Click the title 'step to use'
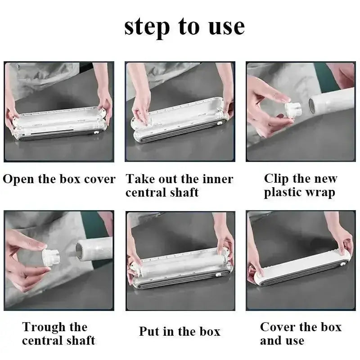pyautogui.click(x=184, y=27)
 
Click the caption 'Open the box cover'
pyautogui.click(x=59, y=179)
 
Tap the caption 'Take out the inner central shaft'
pyautogui.click(x=180, y=185)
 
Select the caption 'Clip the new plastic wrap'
pyautogui.click(x=301, y=185)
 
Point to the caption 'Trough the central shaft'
pyautogui.click(x=58, y=333)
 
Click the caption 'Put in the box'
pyautogui.click(x=180, y=331)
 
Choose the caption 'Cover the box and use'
pyautogui.click(x=301, y=333)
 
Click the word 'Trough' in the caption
pyautogui.click(x=44, y=328)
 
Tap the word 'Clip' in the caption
pyautogui.click(x=276, y=179)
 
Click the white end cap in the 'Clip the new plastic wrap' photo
pyautogui.click(x=293, y=109)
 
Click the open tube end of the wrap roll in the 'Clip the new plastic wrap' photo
pyautogui.click(x=311, y=106)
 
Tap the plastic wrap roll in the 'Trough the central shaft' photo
pyautogui.click(x=94, y=250)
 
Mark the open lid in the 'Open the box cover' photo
pyautogui.click(x=60, y=118)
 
